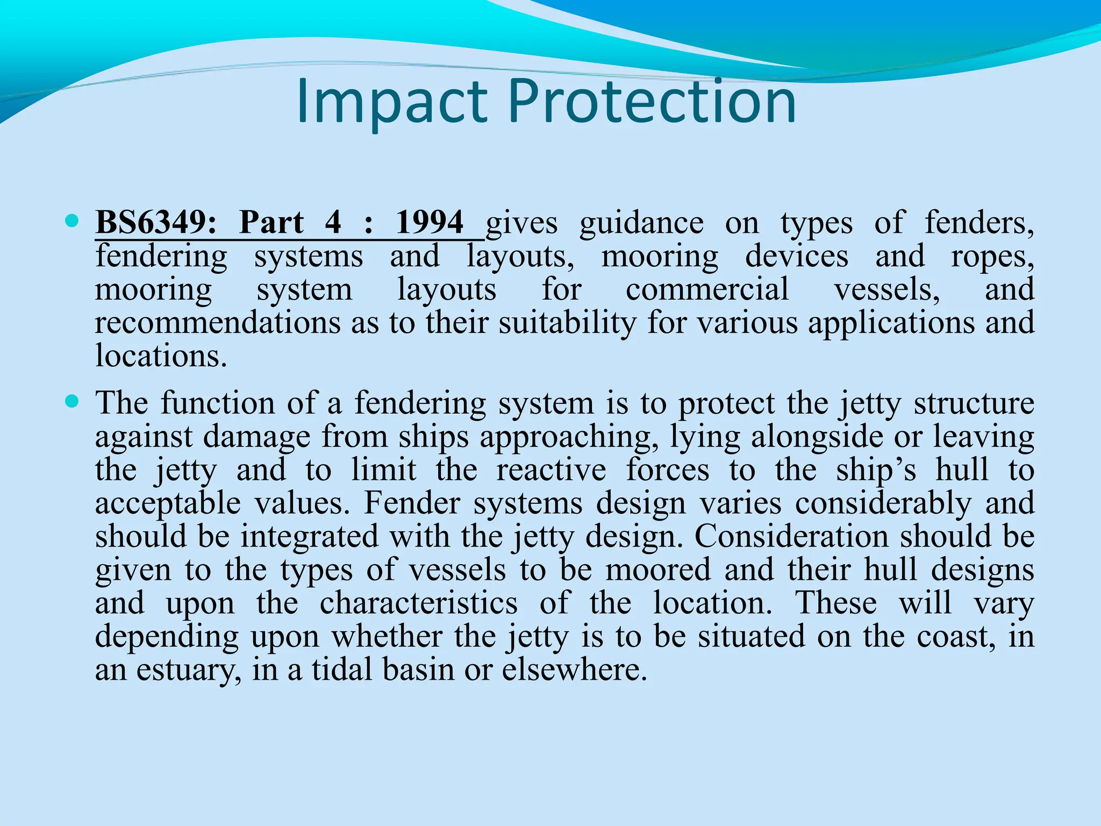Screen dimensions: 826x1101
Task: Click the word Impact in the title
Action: pos(391,102)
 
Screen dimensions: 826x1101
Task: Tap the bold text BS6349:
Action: pos(156,223)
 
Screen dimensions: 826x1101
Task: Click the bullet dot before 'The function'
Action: pos(71,401)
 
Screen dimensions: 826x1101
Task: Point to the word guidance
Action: pos(641,224)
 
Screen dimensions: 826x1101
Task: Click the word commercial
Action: pos(707,290)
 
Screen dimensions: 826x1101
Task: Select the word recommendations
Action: pos(218,323)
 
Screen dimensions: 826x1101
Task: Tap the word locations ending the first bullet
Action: pos(161,356)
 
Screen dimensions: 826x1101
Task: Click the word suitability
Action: pos(567,323)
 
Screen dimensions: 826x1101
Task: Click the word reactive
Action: pos(551,469)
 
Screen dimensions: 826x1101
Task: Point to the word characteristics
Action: pos(419,603)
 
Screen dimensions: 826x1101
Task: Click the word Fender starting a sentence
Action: pos(412,503)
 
